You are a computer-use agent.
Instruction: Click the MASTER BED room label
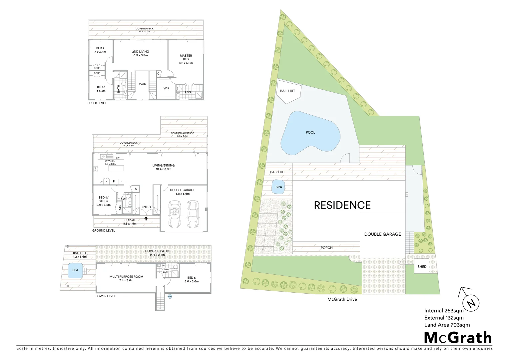point(186,59)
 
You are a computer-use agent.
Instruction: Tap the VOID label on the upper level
point(142,84)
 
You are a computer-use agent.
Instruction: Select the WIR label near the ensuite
point(166,88)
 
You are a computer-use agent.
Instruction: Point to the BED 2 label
point(100,50)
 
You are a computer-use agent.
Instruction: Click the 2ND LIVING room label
point(140,53)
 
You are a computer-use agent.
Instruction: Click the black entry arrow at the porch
point(146,219)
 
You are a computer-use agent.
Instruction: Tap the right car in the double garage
point(192,214)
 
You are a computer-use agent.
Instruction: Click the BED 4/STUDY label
point(104,201)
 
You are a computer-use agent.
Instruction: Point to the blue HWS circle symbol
point(170,296)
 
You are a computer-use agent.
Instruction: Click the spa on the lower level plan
point(75,270)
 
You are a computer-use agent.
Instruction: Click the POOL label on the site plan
point(310,133)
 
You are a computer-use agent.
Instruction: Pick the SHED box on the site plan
point(422,267)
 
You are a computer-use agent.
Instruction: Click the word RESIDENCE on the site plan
point(342,205)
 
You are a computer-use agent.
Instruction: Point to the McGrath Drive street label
point(342,299)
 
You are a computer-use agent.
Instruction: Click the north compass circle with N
point(471,303)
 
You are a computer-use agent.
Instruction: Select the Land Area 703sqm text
point(447,325)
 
